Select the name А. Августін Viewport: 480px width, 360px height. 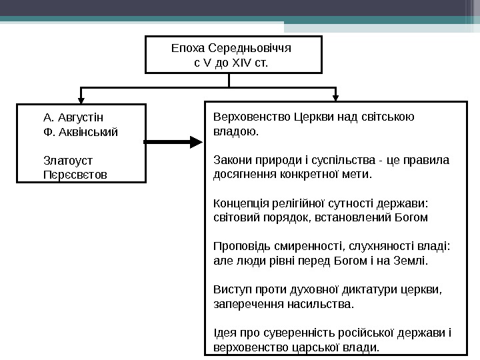(x=73, y=117)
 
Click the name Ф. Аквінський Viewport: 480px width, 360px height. (x=80, y=131)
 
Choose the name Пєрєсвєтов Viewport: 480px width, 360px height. (x=74, y=175)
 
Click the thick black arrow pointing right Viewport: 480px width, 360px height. (x=172, y=142)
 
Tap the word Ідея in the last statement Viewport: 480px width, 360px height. (x=223, y=333)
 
